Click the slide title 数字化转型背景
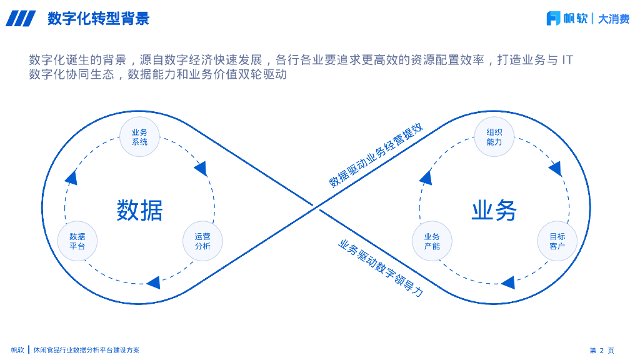tap(99, 19)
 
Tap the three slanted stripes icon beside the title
tap(21, 19)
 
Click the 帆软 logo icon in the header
tap(553, 19)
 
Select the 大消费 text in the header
tap(613, 19)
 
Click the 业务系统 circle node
tap(139, 137)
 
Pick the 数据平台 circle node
tap(77, 241)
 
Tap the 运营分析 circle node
tap(202, 241)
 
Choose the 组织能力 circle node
tap(494, 137)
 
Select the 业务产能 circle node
tap(432, 241)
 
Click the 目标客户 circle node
tap(557, 241)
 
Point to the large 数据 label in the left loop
tap(139, 211)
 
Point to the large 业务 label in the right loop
tap(494, 211)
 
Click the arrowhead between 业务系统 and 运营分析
tap(201, 168)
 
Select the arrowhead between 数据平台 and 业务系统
tap(71, 177)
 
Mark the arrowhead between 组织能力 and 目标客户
tap(555, 168)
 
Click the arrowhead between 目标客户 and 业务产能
tap(508, 282)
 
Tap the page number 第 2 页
tap(602, 351)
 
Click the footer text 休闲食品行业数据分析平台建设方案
tap(87, 351)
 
